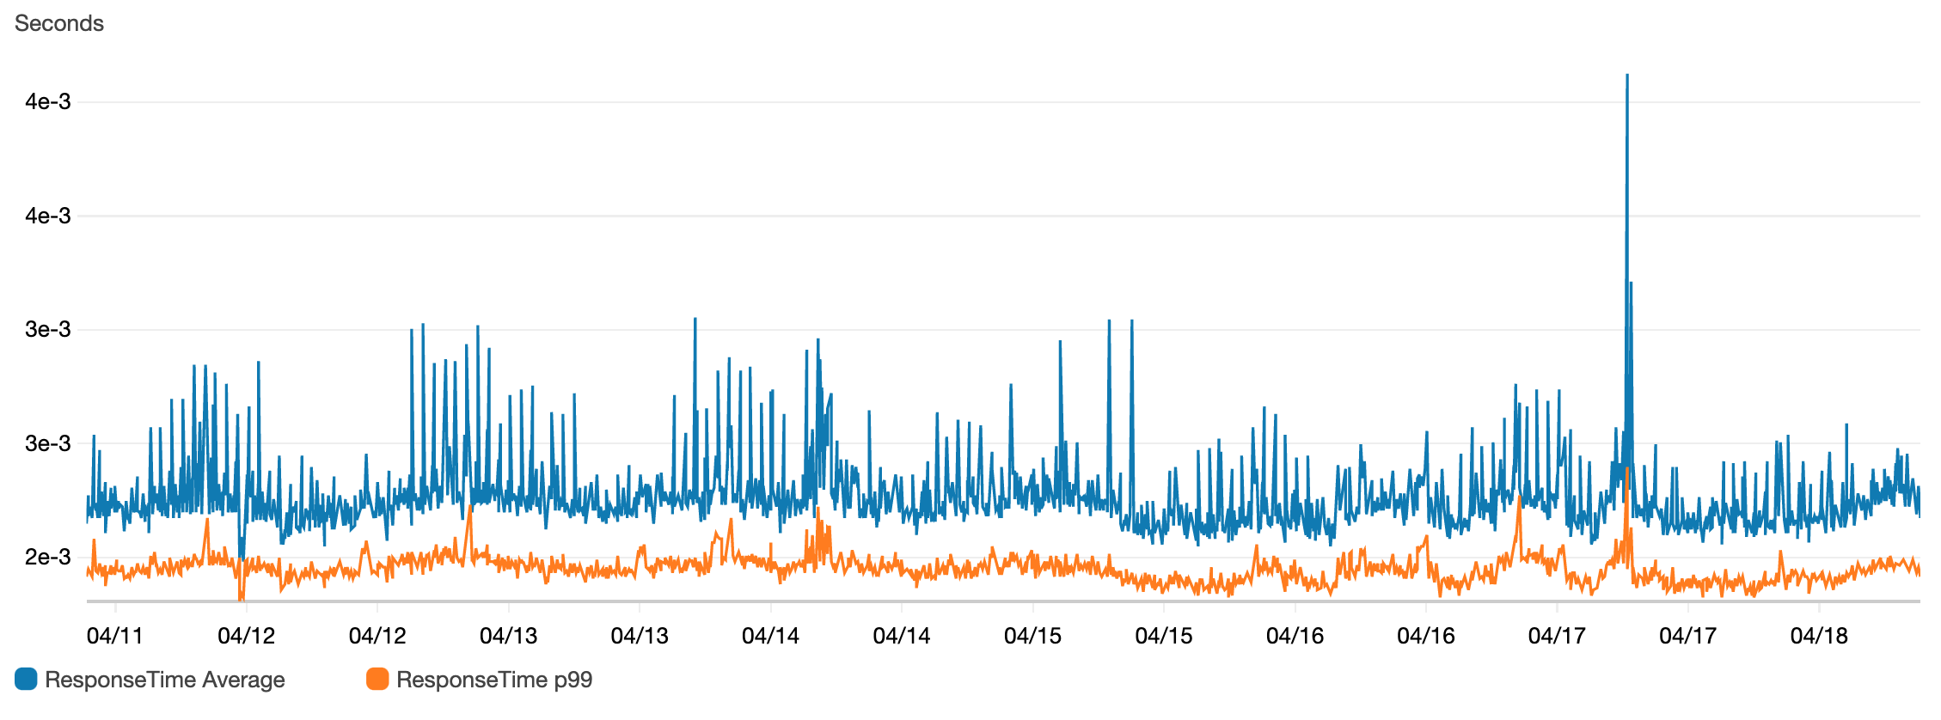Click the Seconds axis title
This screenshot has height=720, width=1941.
pos(58,23)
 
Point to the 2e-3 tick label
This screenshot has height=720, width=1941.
pos(48,557)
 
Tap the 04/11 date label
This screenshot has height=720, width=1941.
pos(114,636)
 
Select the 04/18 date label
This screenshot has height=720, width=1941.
pos(1818,636)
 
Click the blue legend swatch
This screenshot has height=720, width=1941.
pos(26,680)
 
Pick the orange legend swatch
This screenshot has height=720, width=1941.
pos(377,680)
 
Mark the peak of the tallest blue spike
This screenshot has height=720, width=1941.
pos(1626,76)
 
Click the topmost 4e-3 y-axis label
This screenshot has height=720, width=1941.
pos(48,101)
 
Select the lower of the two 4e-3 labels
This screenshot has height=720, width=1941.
pos(48,216)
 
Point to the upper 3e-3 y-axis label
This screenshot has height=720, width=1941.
pos(48,329)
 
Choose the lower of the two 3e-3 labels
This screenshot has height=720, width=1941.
pos(48,443)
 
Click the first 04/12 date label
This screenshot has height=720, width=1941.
pos(246,636)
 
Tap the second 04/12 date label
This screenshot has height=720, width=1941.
pos(377,636)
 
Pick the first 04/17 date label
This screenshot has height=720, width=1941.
pos(1556,636)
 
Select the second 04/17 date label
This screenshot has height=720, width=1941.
pos(1687,636)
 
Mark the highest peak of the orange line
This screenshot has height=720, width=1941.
pos(1627,469)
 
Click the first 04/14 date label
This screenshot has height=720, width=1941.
pos(770,636)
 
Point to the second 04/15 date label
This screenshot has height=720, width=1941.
pos(1163,636)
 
